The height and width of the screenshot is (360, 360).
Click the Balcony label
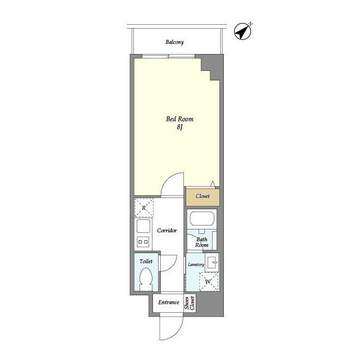coord(174,42)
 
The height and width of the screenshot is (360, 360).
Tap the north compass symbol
coord(242,31)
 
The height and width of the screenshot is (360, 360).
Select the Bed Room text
coord(179,119)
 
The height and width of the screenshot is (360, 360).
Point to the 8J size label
coord(179,127)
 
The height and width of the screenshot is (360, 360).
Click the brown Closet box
coord(202,197)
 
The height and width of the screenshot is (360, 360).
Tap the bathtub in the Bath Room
coord(202,219)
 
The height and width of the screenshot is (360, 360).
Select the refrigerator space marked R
coord(144,208)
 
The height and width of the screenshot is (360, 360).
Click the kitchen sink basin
coord(143,226)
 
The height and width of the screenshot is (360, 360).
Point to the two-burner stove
coord(143,242)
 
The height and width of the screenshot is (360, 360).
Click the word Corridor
coord(167,230)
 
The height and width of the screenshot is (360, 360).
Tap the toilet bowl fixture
coord(146,280)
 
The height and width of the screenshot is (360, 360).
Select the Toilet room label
coord(146,261)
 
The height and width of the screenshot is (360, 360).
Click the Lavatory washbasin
coord(212,262)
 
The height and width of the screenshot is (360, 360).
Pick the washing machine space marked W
coord(208,282)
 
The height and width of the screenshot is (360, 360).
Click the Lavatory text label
coord(196,265)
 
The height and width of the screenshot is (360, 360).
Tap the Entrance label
coord(169,303)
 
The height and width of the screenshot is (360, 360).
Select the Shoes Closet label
coord(190,303)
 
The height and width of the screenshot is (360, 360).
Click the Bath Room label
coord(202,242)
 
